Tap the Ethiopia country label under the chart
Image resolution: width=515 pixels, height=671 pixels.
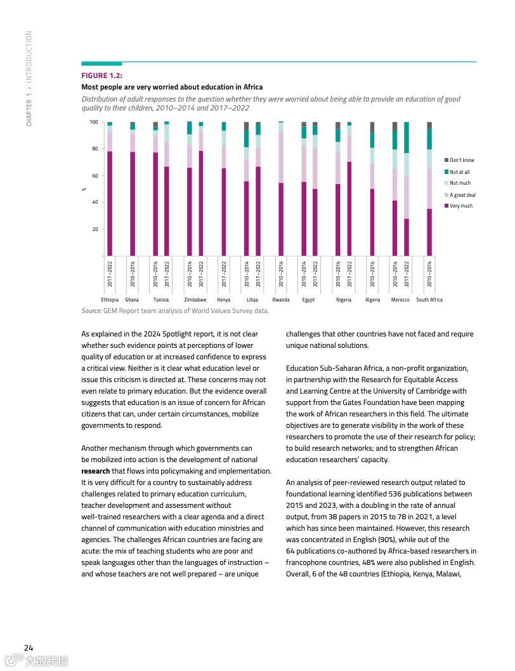pyautogui.click(x=110, y=300)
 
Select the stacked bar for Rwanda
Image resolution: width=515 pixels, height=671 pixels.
pyautogui.click(x=281, y=189)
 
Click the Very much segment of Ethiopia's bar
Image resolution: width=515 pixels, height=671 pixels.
pyautogui.click(x=110, y=203)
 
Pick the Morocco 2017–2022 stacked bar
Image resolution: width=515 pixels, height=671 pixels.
pyautogui.click(x=407, y=189)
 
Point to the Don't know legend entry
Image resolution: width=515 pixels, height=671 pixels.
pyautogui.click(x=462, y=160)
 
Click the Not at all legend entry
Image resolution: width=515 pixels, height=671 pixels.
pyautogui.click(x=459, y=172)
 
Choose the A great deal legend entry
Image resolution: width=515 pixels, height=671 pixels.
pyautogui.click(x=462, y=195)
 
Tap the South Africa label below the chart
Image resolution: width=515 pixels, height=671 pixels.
pyautogui.click(x=429, y=300)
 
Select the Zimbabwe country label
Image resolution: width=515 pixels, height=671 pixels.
pyautogui.click(x=195, y=300)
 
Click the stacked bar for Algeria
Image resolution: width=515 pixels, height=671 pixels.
pyautogui.click(x=372, y=189)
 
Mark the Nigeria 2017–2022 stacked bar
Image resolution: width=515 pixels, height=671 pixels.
pyautogui.click(x=349, y=189)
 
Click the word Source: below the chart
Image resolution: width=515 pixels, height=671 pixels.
pyautogui.click(x=92, y=310)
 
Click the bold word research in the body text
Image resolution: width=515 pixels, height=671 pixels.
pyautogui.click(x=96, y=471)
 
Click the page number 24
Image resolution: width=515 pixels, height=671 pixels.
pyautogui.click(x=29, y=648)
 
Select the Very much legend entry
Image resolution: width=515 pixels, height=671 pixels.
pyautogui.click(x=460, y=206)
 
